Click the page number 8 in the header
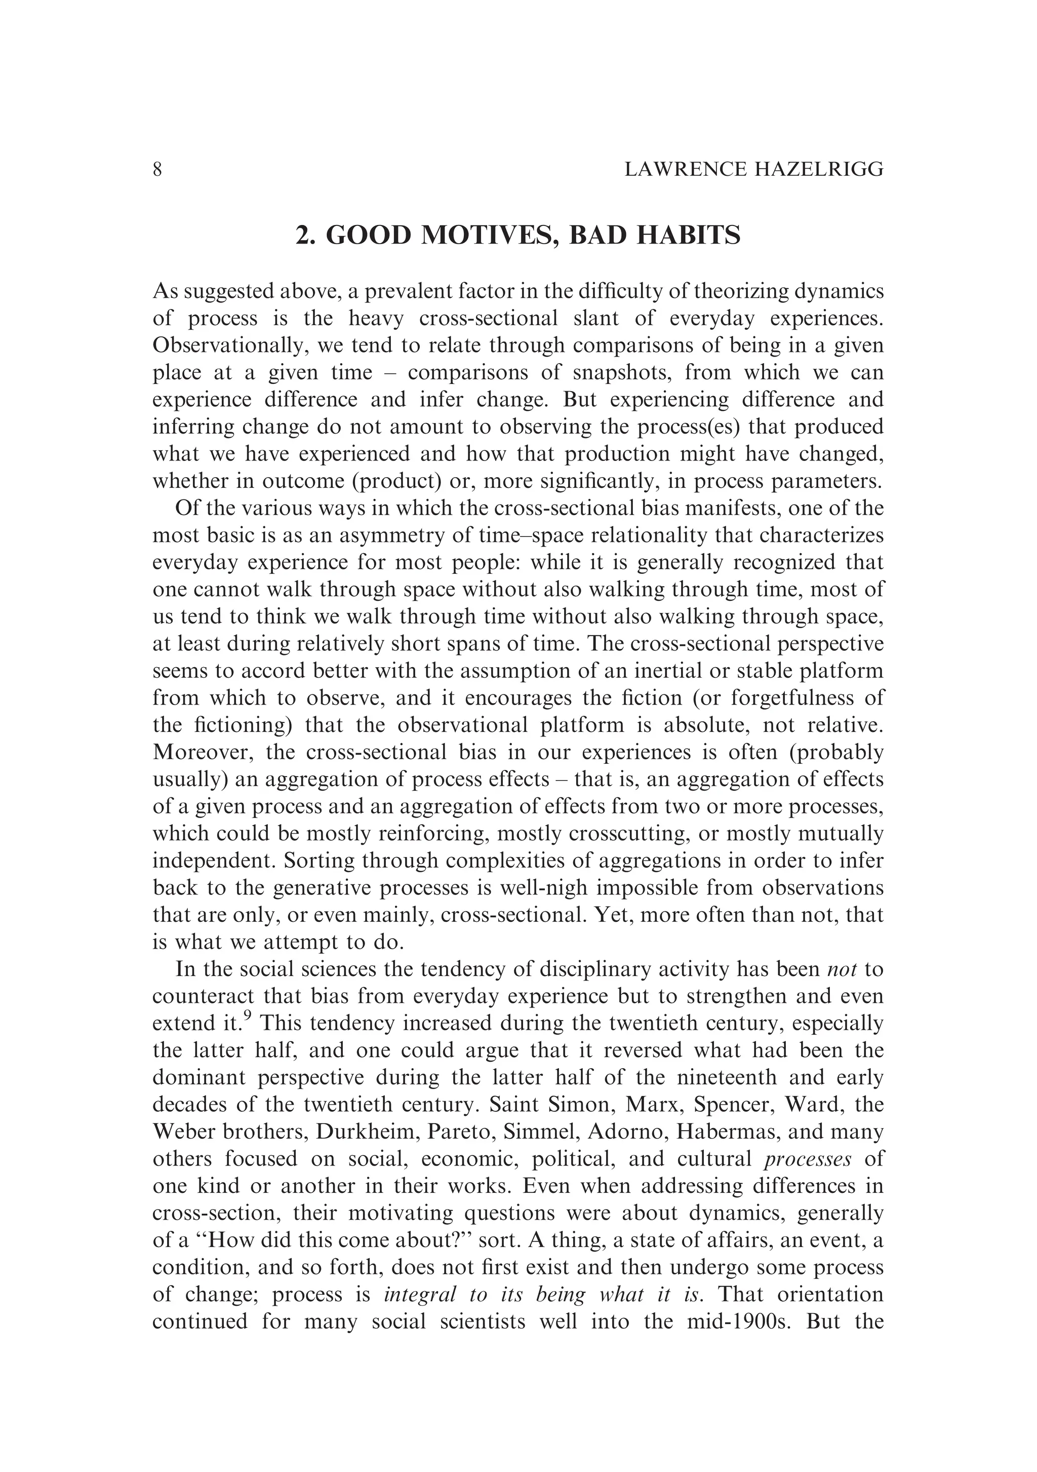tap(157, 169)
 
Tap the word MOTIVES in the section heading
tap(486, 236)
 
